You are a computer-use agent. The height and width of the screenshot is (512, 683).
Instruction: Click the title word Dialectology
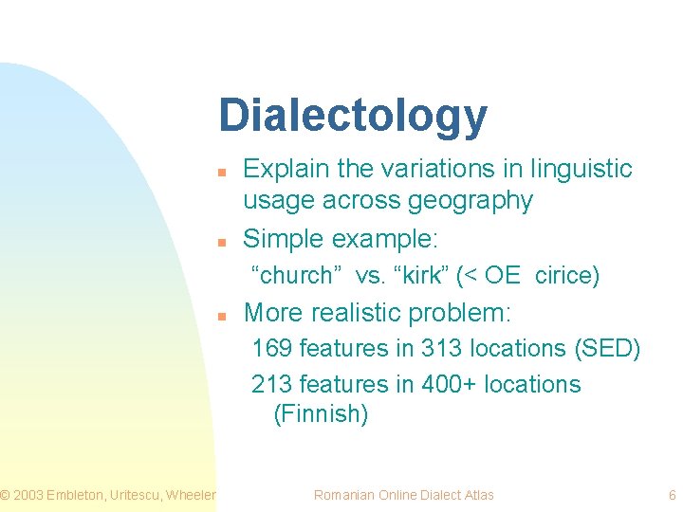(353, 116)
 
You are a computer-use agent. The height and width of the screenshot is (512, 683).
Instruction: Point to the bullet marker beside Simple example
(220, 242)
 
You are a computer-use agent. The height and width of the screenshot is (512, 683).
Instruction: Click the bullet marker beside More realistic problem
(220, 315)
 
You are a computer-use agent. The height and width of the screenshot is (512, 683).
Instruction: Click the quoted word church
(296, 276)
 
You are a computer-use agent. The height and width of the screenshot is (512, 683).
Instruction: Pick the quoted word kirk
(416, 276)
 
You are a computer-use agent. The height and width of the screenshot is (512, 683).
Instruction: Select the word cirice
(566, 276)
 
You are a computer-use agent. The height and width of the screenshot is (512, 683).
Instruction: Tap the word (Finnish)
(321, 414)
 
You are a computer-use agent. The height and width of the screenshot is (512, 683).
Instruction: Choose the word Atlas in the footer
(477, 495)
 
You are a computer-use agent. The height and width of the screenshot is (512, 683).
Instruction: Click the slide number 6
(672, 495)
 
